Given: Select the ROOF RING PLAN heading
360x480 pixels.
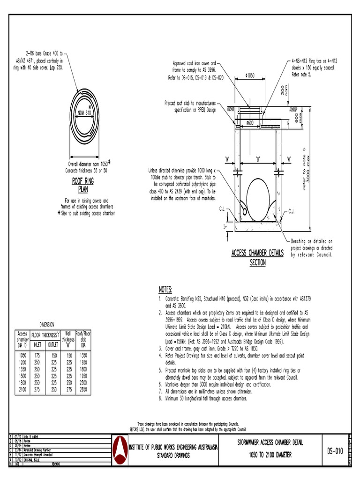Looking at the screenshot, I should click(x=82, y=185).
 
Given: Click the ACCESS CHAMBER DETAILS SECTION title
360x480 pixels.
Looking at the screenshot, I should click(x=257, y=257).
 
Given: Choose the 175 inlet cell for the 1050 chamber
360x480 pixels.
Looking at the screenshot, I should click(x=37, y=355).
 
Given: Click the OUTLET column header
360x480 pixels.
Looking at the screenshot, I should click(x=52, y=344).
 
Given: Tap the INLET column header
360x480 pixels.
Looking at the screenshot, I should click(x=37, y=344).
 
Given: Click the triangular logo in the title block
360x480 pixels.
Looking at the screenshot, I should click(x=121, y=451).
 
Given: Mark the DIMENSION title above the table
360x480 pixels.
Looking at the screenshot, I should click(x=46, y=324).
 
